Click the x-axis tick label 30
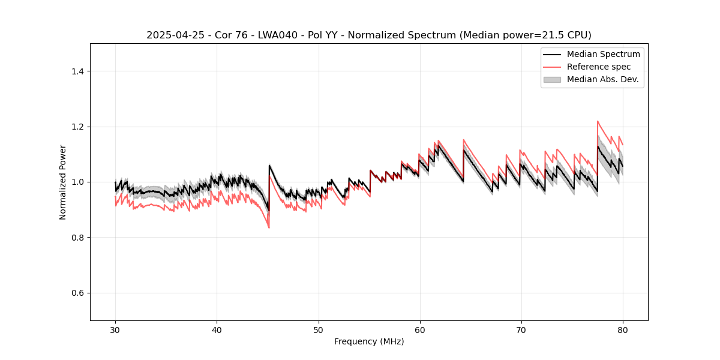point(115,329)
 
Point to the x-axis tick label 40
point(217,329)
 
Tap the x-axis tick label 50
point(318,329)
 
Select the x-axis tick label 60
point(419,329)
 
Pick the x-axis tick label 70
point(521,329)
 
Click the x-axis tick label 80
point(622,329)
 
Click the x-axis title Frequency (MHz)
point(369,341)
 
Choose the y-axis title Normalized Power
point(63,182)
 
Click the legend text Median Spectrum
point(603,54)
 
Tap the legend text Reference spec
point(599,67)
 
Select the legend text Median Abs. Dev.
point(602,79)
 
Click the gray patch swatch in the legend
point(552,79)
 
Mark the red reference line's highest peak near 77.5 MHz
point(598,121)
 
